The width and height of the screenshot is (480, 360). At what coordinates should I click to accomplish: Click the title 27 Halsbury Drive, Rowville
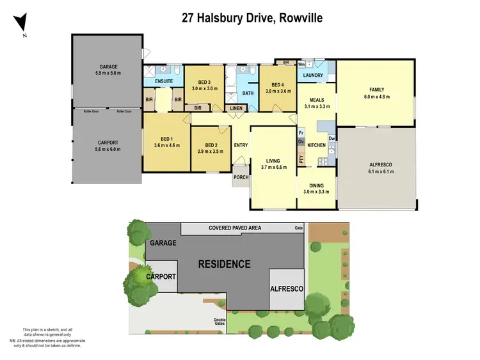253,18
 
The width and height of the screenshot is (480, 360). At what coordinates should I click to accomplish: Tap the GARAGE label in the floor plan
108,67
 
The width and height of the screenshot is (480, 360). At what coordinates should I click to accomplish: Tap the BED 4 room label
278,85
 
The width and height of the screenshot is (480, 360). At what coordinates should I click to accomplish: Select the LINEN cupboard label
236,109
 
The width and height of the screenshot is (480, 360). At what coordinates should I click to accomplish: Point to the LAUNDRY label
313,75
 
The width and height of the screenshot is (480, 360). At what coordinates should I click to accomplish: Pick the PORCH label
242,178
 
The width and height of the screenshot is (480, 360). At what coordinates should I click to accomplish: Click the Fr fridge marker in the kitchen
301,132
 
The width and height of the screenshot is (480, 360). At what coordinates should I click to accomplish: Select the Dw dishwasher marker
332,139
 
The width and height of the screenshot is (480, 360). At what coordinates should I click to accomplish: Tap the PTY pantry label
301,159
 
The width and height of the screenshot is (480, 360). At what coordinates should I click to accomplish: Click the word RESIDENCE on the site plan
224,263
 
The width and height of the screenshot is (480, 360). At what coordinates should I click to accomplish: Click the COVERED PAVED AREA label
236,228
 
